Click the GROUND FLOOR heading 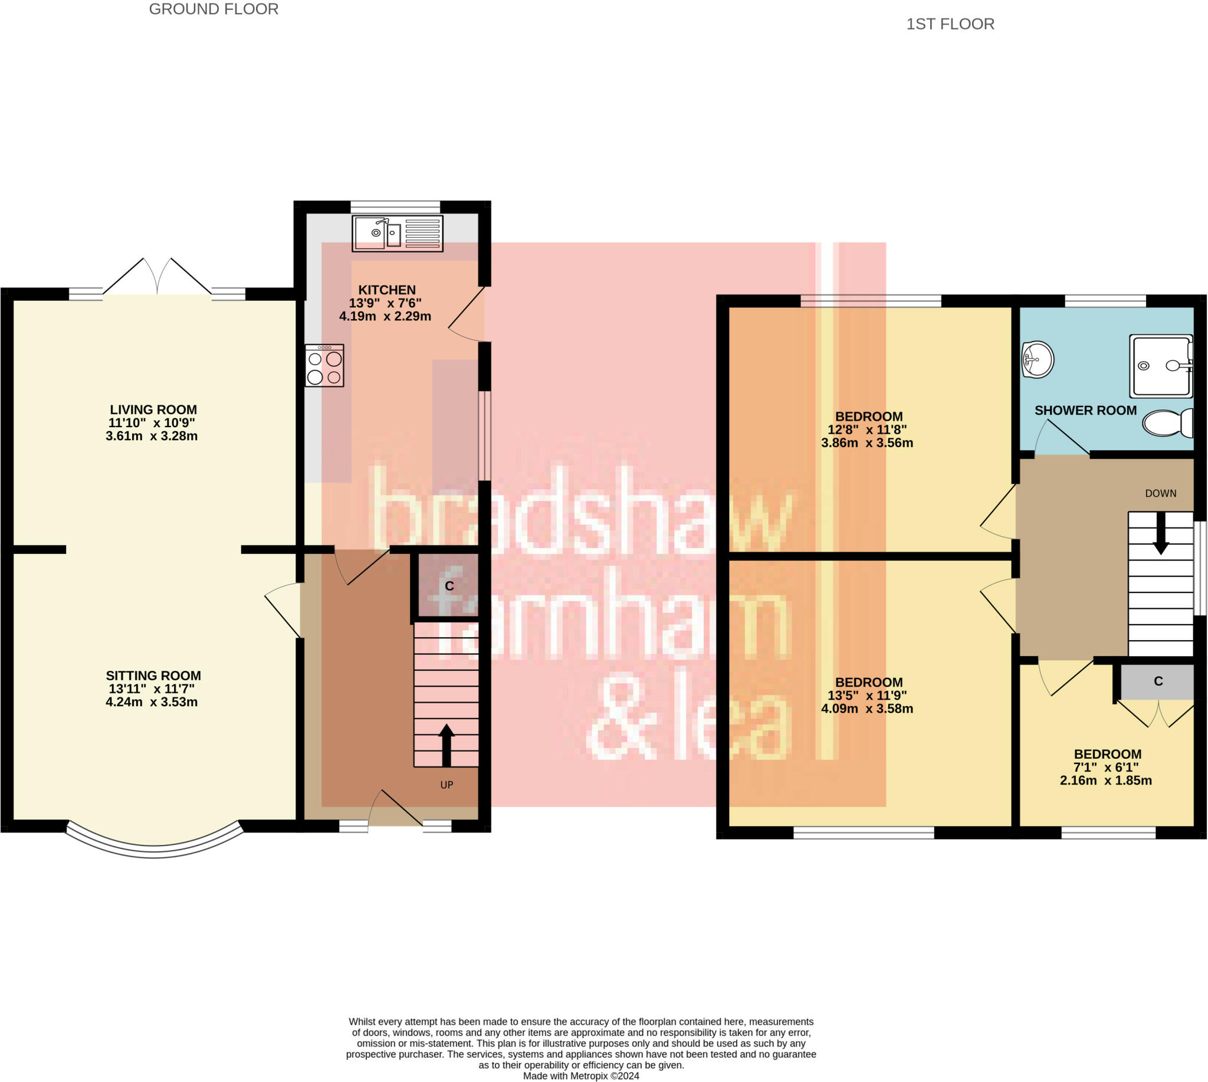(x=214, y=9)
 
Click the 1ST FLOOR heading (x=950, y=24)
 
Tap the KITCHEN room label (x=386, y=290)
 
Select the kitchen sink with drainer (x=398, y=234)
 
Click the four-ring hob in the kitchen (x=324, y=366)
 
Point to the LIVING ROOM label (x=153, y=409)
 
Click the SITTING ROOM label (x=153, y=676)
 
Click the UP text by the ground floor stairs (x=447, y=785)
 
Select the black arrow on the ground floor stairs (x=447, y=745)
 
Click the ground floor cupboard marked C (x=449, y=586)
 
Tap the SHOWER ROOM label (x=1085, y=410)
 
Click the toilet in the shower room (x=1167, y=422)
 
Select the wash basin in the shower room (x=1038, y=359)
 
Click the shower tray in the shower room (x=1161, y=366)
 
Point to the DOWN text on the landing (x=1160, y=493)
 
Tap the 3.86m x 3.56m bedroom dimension (x=867, y=443)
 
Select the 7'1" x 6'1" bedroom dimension (x=1106, y=768)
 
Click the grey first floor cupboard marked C (x=1157, y=682)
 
